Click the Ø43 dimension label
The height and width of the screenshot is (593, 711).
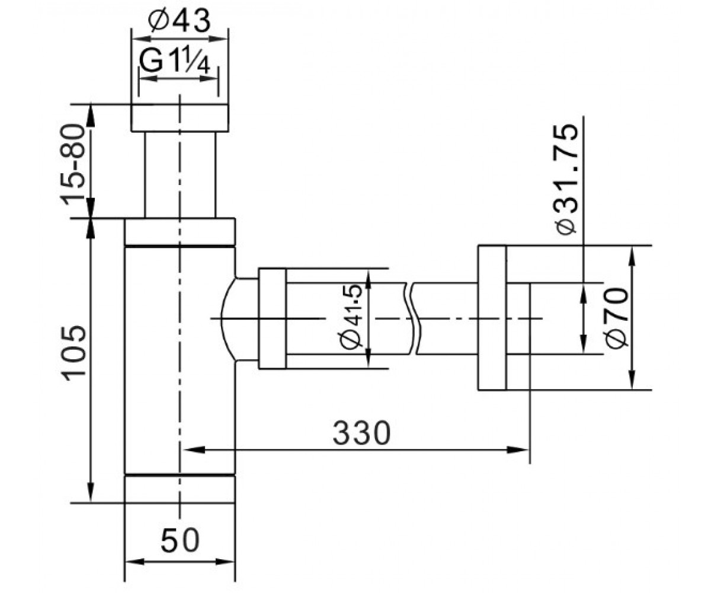[180, 20]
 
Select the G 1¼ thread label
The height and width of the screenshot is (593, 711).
[174, 60]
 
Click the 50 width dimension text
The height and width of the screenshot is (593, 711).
[180, 540]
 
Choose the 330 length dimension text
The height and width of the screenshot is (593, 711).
[361, 433]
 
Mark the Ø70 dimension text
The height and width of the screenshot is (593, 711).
[617, 318]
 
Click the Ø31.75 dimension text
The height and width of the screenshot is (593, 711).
[566, 179]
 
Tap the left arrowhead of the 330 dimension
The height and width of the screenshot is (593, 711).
[194, 450]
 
